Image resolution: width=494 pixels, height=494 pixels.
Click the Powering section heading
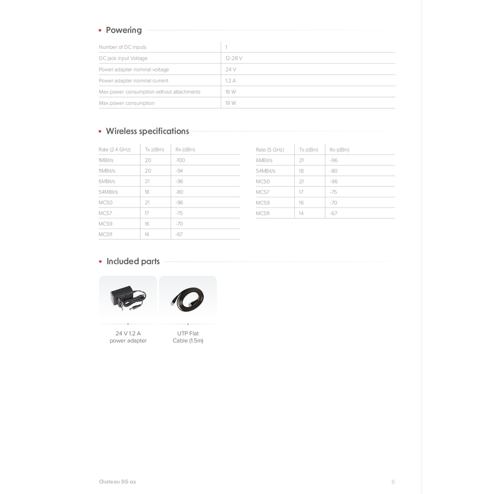tap(124, 30)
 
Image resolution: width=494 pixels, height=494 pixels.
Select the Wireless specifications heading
tap(147, 131)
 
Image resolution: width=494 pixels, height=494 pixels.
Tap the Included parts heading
tap(133, 261)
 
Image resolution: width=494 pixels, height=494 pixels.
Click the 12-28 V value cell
tap(234, 58)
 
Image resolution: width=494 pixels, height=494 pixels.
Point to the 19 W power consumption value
tap(230, 103)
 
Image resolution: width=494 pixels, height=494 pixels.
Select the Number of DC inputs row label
tap(122, 47)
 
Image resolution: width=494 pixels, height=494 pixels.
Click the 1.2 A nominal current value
tap(230, 81)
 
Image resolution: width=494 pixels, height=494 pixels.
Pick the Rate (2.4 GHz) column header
tap(114, 150)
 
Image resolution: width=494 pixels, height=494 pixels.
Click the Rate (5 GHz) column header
tap(270, 150)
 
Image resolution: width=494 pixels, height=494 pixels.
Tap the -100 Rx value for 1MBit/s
tap(180, 160)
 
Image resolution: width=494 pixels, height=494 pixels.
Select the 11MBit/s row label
tap(107, 171)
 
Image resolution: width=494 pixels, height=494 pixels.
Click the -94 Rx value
tap(179, 171)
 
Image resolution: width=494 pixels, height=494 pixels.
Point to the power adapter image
tap(128, 297)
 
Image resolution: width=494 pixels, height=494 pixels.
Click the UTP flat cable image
tap(188, 297)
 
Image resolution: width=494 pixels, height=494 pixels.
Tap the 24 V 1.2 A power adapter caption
tap(128, 337)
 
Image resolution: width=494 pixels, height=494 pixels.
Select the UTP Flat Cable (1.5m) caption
tap(188, 337)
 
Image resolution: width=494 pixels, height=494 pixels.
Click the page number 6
tap(393, 482)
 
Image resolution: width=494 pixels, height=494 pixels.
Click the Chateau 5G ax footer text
tap(117, 482)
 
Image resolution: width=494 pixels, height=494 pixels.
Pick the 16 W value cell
tap(230, 92)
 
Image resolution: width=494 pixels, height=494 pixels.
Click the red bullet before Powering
tap(100, 31)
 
